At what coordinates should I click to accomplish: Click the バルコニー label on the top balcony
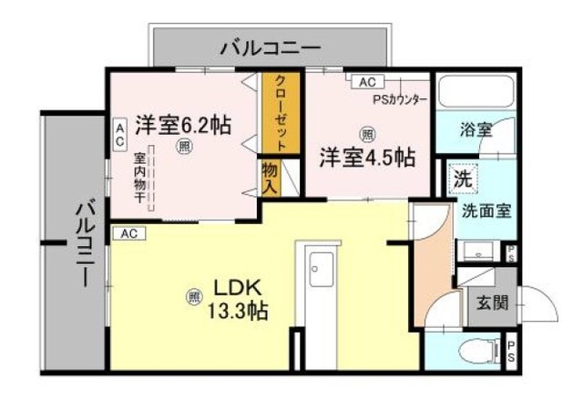coord(270,45)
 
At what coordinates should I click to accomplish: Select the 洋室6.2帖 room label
coord(183,125)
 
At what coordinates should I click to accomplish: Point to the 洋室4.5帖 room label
coord(366,157)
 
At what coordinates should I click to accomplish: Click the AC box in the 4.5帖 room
coord(366,82)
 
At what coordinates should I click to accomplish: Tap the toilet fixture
coord(475,351)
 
